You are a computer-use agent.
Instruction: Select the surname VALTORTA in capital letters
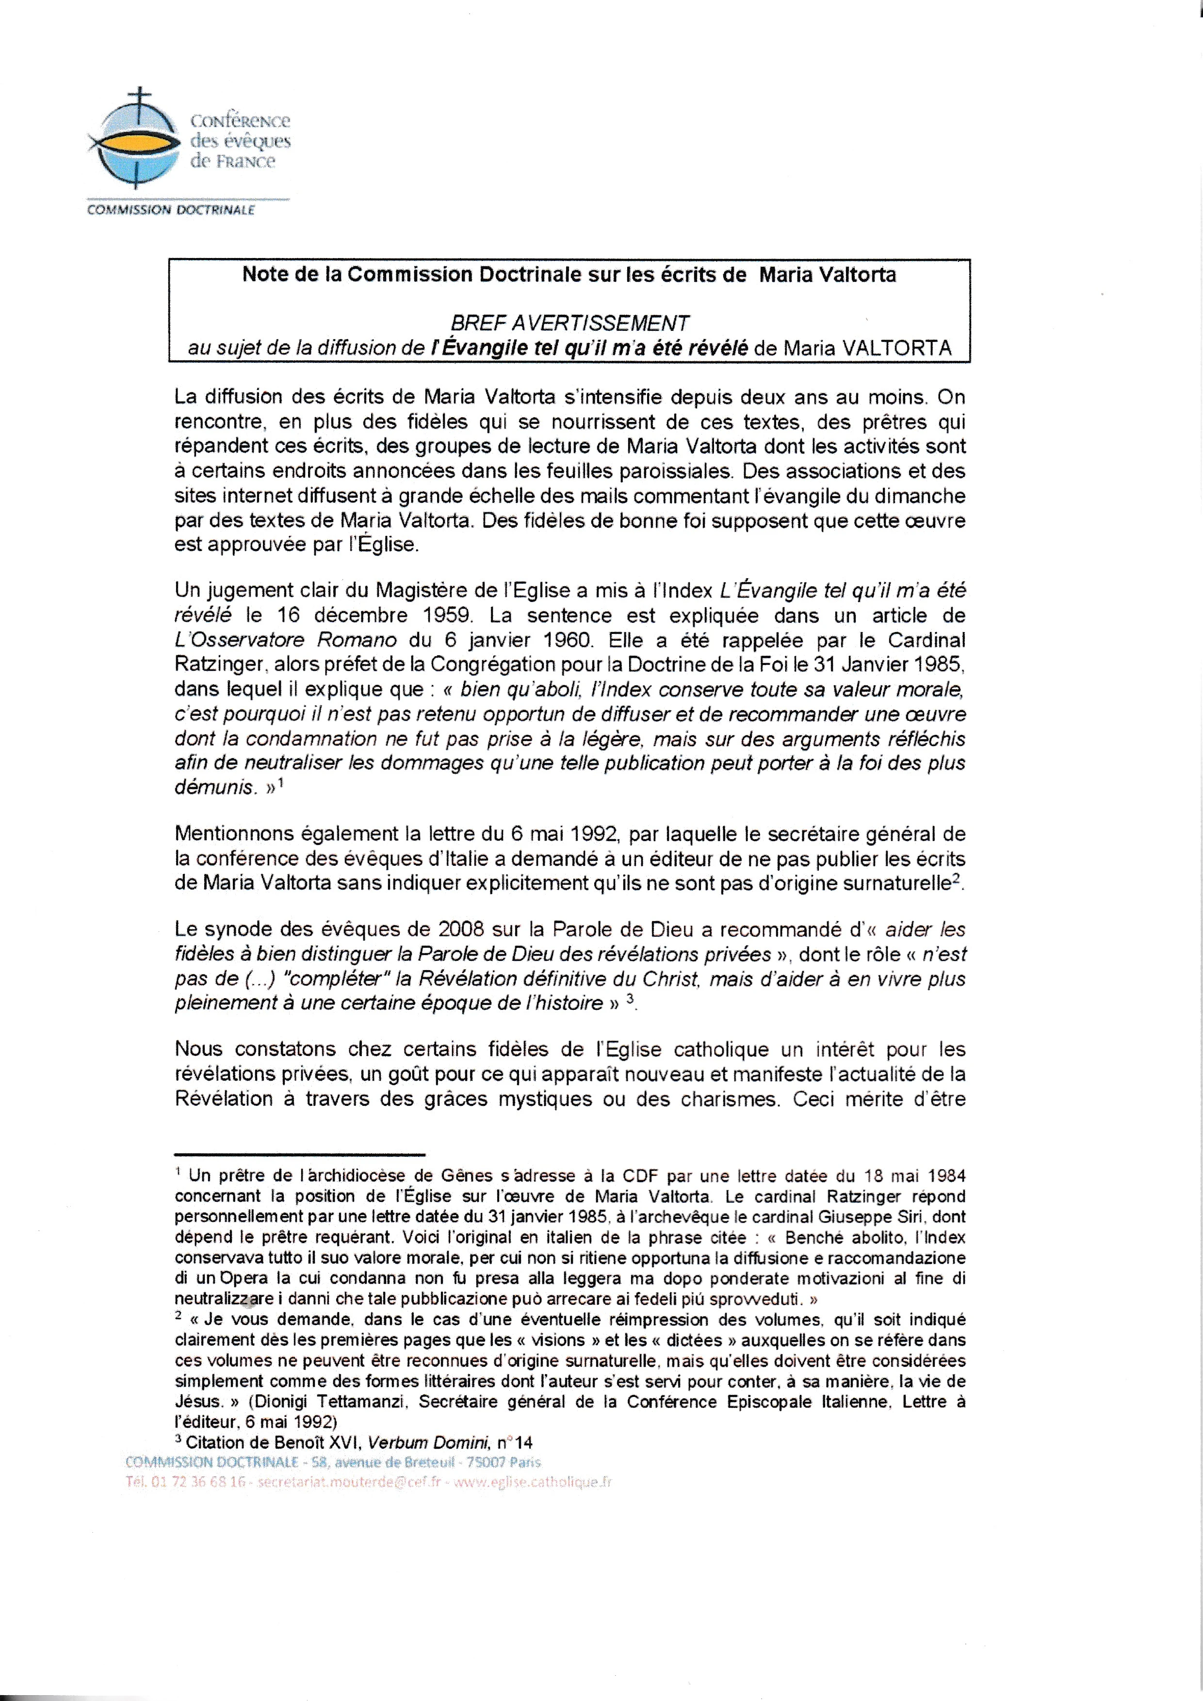point(897,348)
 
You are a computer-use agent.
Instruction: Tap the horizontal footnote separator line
point(299,1154)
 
